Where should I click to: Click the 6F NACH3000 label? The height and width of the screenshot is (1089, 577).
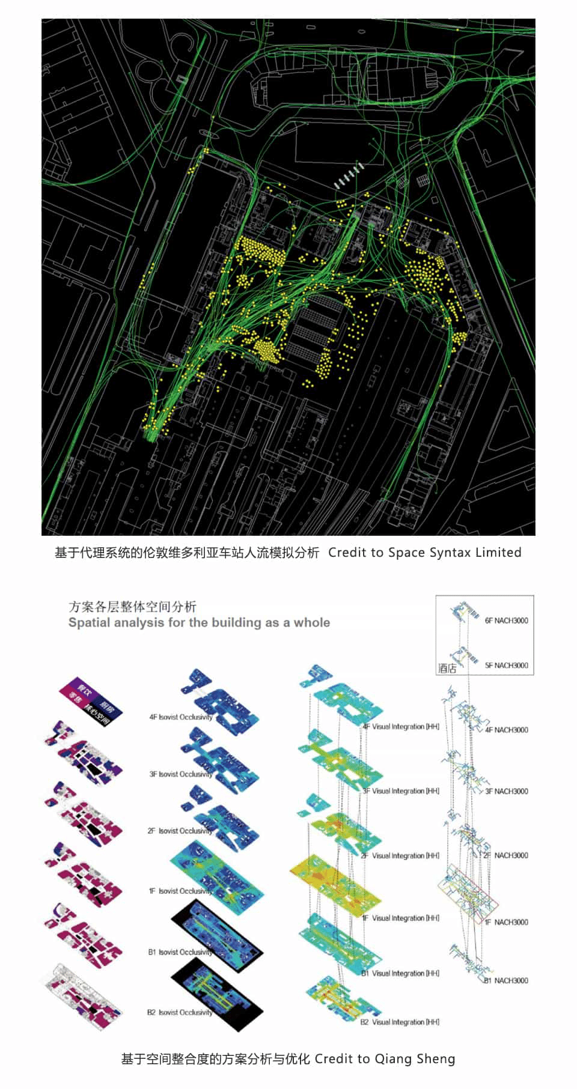point(506,620)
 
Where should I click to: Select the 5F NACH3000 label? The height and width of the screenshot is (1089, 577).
point(506,666)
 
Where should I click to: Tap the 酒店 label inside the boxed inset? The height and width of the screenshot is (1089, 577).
point(447,669)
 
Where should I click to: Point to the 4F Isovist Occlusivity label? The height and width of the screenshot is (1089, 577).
point(180,717)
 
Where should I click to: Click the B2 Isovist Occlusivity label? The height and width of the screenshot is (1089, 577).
point(180,1012)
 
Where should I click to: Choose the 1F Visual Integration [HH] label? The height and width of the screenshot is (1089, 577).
point(400,918)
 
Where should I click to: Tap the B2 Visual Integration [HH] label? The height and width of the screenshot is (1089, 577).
point(400,1022)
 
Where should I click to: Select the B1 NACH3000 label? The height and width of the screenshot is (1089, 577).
point(506,980)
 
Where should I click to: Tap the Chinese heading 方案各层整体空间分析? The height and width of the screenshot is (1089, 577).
point(132,606)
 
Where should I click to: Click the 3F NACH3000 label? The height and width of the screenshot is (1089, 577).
point(506,791)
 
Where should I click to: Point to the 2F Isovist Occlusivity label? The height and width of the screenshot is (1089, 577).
point(180,831)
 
